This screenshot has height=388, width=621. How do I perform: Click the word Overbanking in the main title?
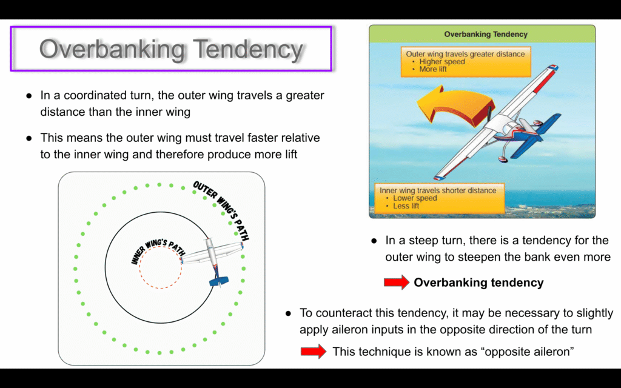[x=112, y=50]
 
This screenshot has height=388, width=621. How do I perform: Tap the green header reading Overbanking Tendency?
[x=482, y=34]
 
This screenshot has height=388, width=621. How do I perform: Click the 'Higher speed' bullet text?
[x=442, y=62]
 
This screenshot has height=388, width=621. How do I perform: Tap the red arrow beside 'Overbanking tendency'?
[x=397, y=283]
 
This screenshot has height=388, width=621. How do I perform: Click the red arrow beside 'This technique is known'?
[x=314, y=351]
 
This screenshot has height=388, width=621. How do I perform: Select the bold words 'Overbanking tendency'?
[x=478, y=283]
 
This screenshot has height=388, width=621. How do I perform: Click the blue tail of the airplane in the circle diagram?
[x=218, y=281]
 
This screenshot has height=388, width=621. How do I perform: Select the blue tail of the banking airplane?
[x=539, y=133]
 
